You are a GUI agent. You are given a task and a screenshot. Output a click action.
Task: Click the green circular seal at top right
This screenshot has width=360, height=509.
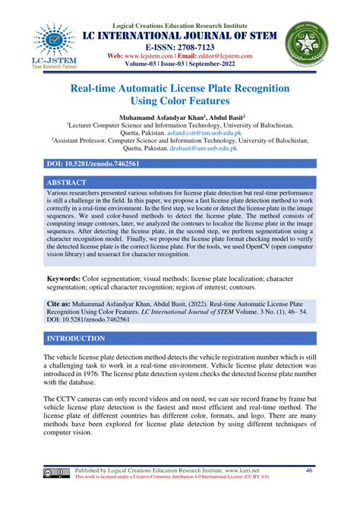[x=308, y=43]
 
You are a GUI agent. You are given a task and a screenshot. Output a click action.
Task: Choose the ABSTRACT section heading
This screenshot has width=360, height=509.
[x=68, y=183]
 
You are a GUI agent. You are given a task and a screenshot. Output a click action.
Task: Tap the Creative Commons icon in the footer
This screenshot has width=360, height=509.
[x=58, y=473]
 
